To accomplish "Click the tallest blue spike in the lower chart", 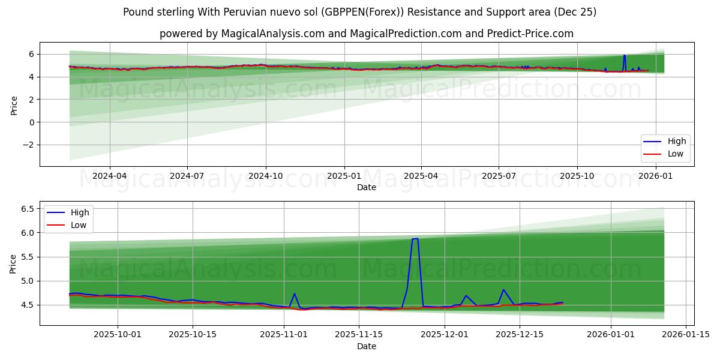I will pos(415,239).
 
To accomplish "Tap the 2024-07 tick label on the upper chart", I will pos(187,176).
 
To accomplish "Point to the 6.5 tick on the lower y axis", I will pos(26,209).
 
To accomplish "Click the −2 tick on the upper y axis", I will pos(28,145).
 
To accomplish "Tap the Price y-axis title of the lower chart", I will pos(14,263).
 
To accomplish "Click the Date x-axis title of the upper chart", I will pos(367,187).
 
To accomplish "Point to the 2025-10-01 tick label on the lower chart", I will pos(118,335).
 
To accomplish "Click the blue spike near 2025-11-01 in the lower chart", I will pos(295,294).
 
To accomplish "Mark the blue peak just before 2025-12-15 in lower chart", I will pos(503,290).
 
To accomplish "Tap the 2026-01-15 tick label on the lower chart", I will pos(685,335).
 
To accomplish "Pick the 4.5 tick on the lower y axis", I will pos(26,305).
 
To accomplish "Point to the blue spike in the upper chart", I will pos(624,56).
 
